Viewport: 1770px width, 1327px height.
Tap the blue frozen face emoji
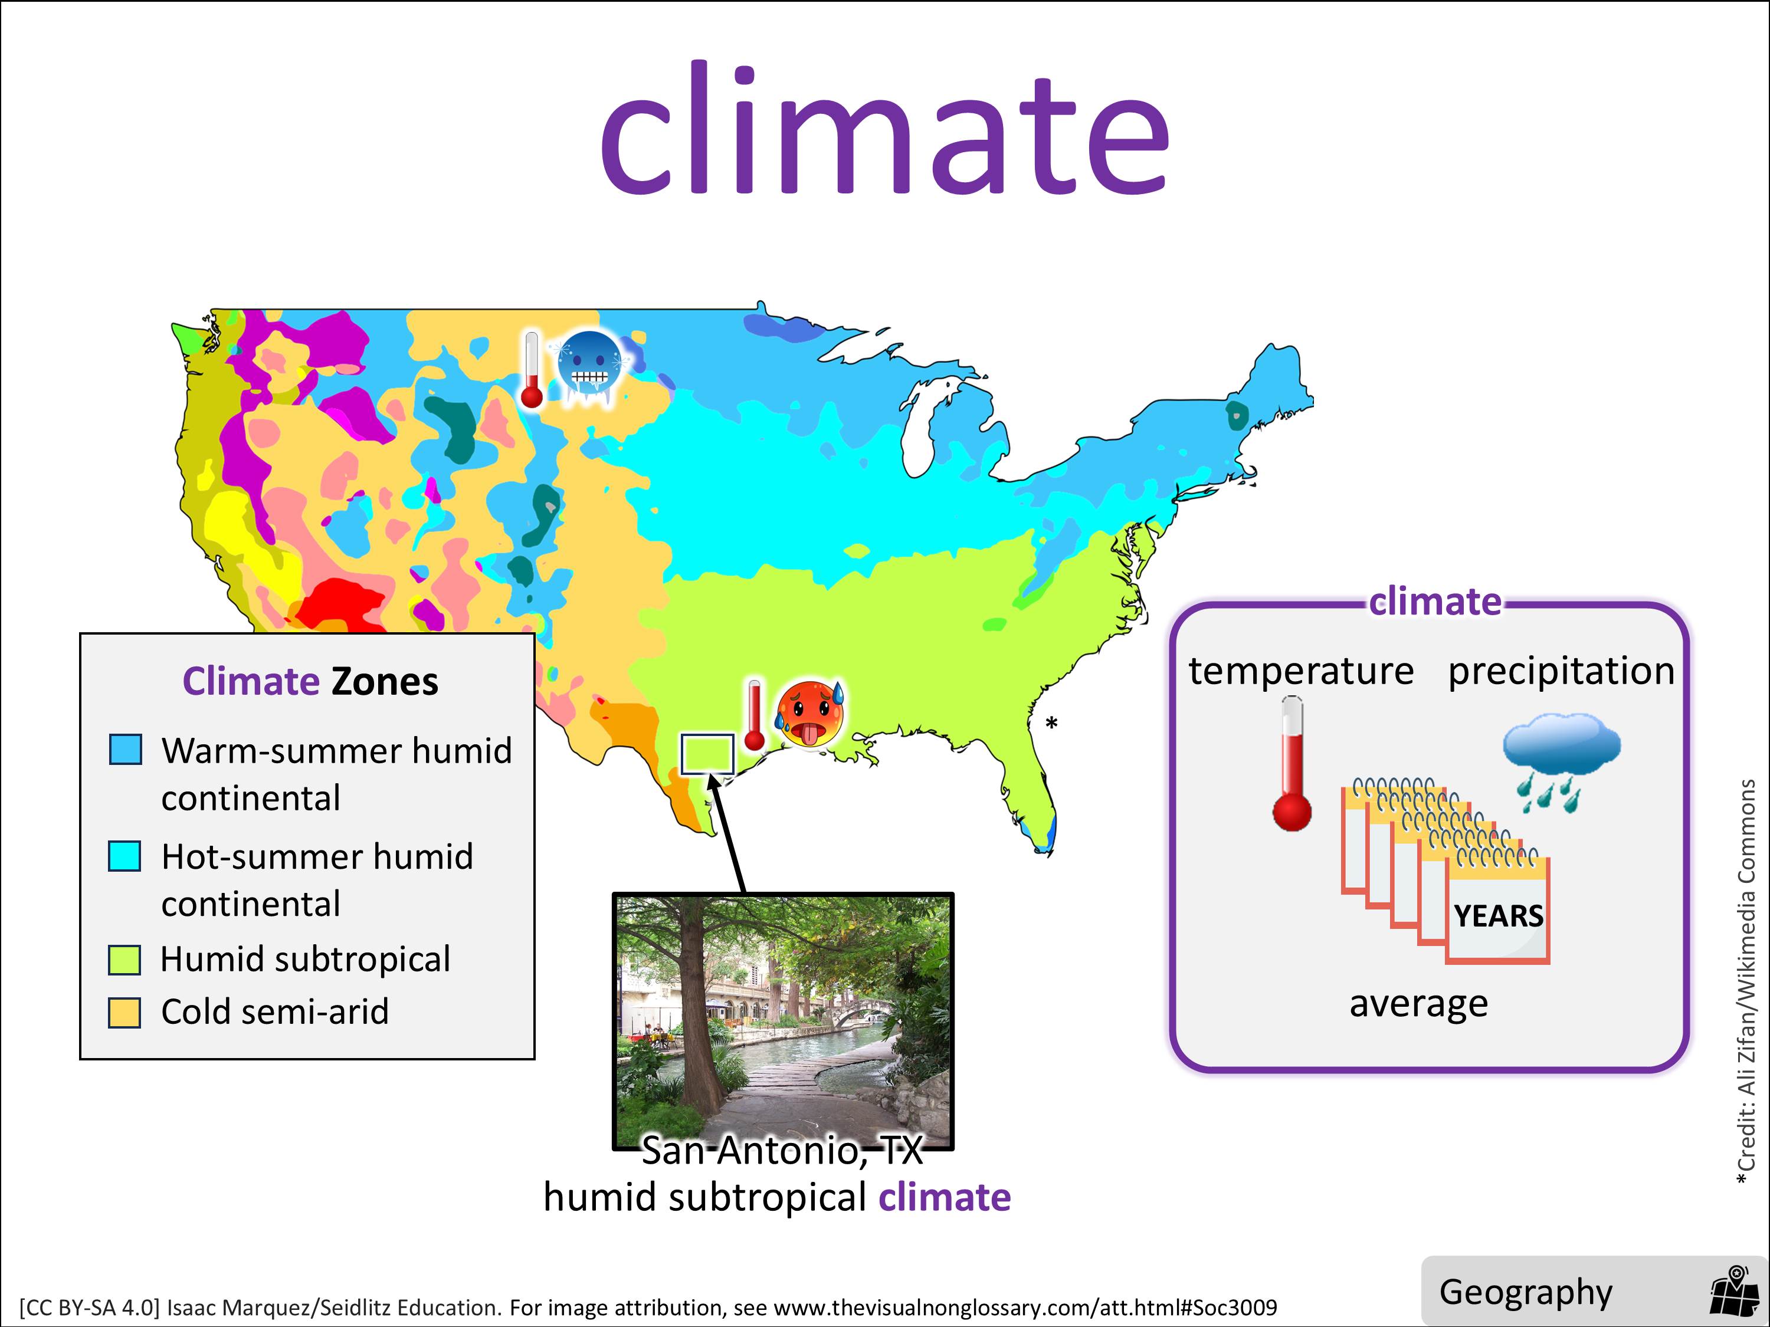[591, 366]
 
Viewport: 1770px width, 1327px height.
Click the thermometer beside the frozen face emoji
[532, 370]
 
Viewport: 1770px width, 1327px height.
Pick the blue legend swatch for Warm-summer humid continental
[126, 750]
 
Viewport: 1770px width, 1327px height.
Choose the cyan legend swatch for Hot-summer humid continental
[125, 856]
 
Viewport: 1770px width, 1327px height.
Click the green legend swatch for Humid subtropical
[125, 959]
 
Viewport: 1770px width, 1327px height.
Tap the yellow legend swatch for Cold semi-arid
[125, 1012]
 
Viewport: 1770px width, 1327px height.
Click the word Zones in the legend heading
[385, 682]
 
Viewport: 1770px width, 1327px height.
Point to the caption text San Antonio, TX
[782, 1150]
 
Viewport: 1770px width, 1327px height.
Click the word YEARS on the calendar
[1499, 916]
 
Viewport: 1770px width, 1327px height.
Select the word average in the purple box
[1419, 1004]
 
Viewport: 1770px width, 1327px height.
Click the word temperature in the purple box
[1301, 671]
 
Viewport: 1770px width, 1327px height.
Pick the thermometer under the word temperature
[1292, 764]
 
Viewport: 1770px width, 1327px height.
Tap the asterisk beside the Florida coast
[1051, 722]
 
